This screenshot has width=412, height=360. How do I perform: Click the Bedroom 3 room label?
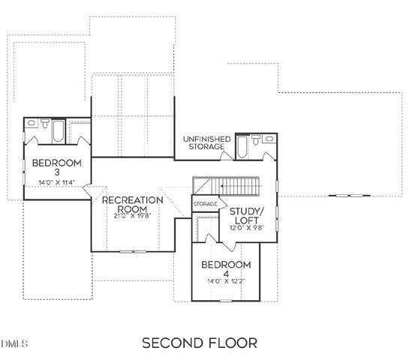click(56, 166)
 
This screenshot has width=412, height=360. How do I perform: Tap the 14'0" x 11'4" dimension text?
click(56, 183)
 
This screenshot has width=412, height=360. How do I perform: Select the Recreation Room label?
click(133, 205)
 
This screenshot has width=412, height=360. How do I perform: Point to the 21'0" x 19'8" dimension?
click(133, 216)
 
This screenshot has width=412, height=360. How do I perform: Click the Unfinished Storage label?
click(206, 142)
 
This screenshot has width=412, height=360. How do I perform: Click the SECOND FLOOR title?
click(200, 343)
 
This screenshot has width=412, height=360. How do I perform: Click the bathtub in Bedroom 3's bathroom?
click(59, 132)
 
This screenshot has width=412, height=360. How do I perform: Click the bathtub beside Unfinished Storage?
click(242, 146)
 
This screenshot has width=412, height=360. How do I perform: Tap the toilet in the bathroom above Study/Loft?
click(257, 139)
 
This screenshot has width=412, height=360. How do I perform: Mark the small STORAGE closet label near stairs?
click(205, 204)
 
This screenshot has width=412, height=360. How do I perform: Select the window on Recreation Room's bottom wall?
click(133, 252)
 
